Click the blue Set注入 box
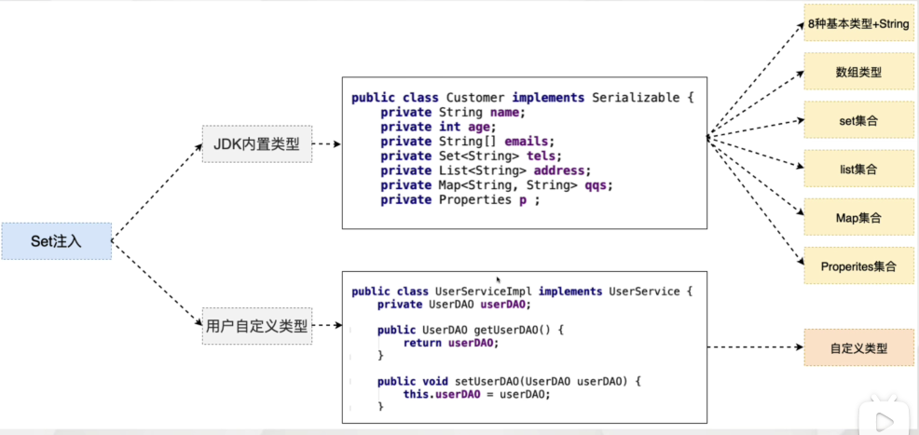tap(56, 241)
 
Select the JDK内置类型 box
tap(256, 143)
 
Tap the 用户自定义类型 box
tap(256, 326)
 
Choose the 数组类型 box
tap(858, 72)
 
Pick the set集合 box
tap(858, 120)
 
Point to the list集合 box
tap(858, 170)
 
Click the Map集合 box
tap(858, 218)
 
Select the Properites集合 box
tap(858, 266)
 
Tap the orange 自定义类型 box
tap(858, 348)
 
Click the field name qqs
tap(598, 185)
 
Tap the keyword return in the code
tap(422, 343)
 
